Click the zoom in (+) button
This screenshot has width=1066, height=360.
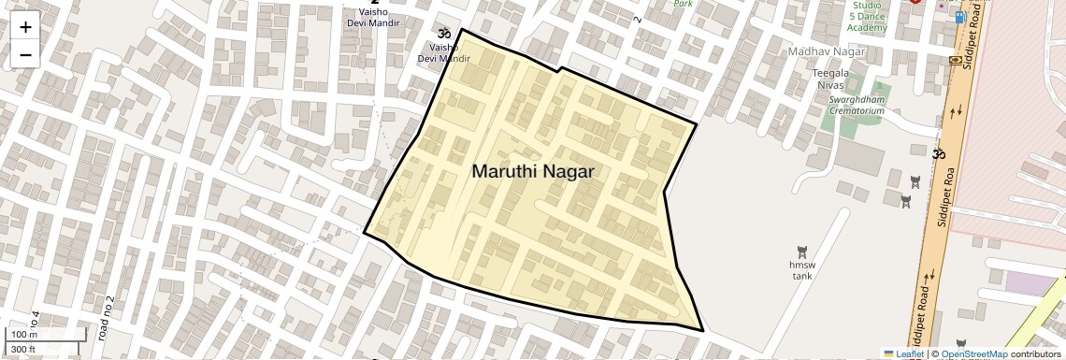(x=25, y=27)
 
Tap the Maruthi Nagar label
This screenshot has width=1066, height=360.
(x=533, y=172)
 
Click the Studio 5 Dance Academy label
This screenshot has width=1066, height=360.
(x=867, y=17)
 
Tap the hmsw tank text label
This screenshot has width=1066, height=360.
(x=801, y=270)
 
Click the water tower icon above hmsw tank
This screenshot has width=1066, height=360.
(x=801, y=252)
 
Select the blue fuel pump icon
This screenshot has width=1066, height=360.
(x=960, y=17)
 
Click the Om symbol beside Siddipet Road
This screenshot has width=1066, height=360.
(x=939, y=153)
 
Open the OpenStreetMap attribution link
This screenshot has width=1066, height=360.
(x=973, y=354)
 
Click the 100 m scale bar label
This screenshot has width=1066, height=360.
(x=23, y=335)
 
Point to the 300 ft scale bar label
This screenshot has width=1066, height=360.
(x=23, y=350)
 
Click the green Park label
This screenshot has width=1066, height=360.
(x=684, y=4)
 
